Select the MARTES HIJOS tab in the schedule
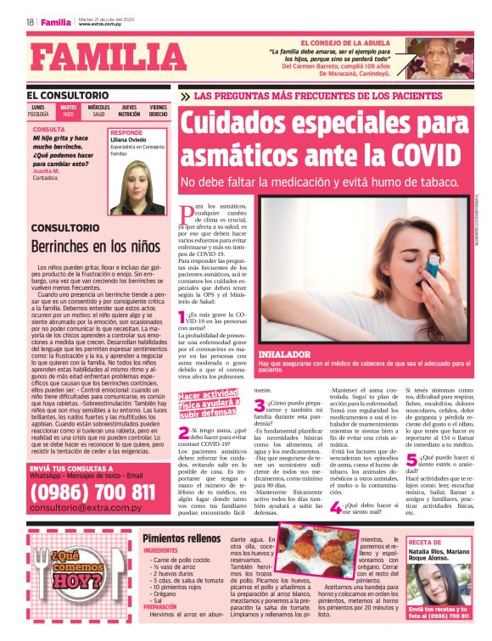coord(69,110)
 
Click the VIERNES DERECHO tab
coord(159,110)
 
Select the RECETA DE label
coord(425,542)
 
